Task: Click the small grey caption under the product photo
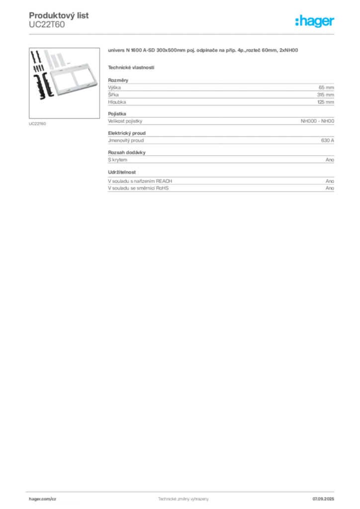tap(38, 123)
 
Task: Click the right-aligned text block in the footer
tap(326, 497)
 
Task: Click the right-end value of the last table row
tap(330, 189)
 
